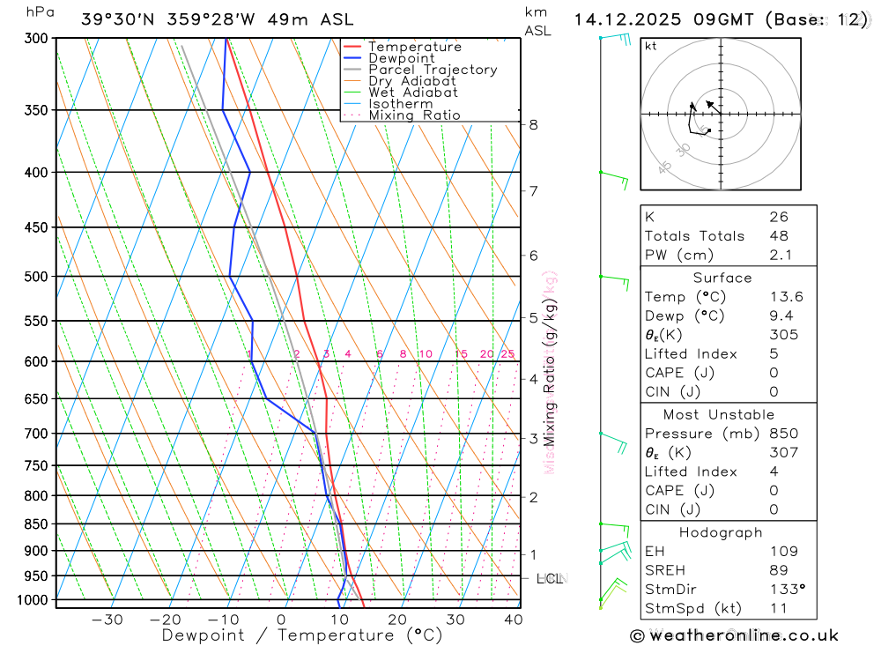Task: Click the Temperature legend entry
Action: [x=414, y=47]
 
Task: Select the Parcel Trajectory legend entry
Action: [x=433, y=70]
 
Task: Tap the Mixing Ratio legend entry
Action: [x=414, y=115]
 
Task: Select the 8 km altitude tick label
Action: [x=534, y=125]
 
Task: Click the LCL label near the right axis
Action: [x=550, y=579]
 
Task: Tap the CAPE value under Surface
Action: [x=774, y=373]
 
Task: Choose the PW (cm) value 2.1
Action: [x=781, y=256]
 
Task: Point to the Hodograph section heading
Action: [x=721, y=533]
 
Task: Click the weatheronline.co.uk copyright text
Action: [x=735, y=635]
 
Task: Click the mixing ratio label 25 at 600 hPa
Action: [x=507, y=354]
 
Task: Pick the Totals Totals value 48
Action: [x=778, y=236]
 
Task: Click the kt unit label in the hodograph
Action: [x=651, y=46]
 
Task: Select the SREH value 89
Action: [x=778, y=570]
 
